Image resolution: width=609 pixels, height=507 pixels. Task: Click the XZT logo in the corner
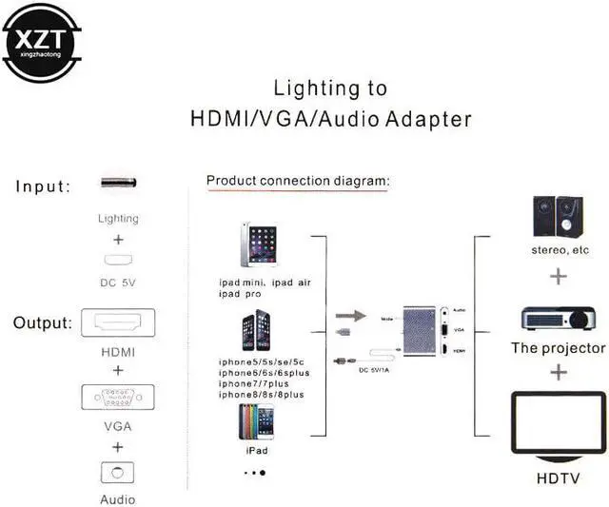(x=41, y=41)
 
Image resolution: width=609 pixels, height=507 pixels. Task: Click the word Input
(x=43, y=186)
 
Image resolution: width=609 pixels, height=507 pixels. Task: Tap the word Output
(x=42, y=323)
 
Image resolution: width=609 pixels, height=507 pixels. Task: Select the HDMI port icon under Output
(x=118, y=323)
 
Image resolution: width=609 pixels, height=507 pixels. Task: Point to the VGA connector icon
(x=118, y=397)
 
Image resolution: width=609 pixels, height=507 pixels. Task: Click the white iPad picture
(x=258, y=245)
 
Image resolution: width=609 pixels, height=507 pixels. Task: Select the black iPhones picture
(x=260, y=333)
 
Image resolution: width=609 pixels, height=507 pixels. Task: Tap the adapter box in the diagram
(x=418, y=332)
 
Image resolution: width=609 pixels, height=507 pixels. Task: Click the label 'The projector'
(x=558, y=348)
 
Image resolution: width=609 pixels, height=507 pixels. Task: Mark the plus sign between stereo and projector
(x=558, y=278)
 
